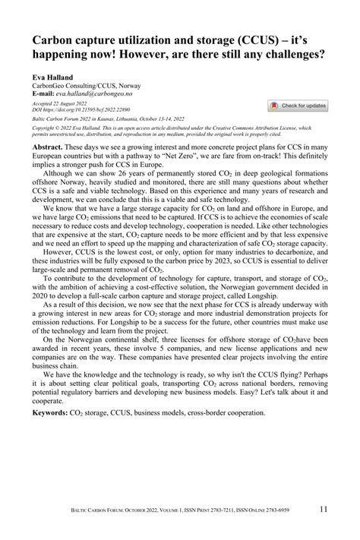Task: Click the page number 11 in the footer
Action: pyautogui.click(x=324, y=509)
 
